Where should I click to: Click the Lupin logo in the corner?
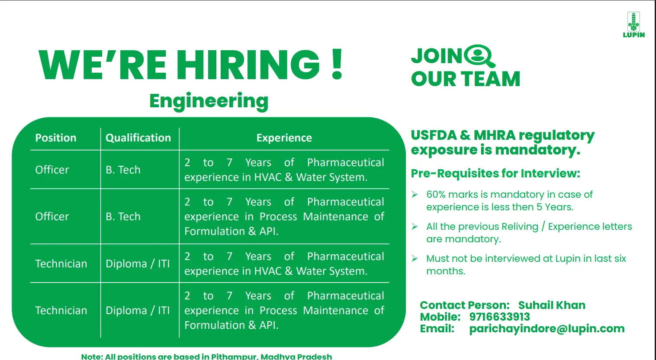point(633,25)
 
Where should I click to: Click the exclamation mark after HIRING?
point(337,64)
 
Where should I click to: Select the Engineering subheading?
point(209,101)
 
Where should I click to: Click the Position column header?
point(56,138)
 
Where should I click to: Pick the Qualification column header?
point(138,138)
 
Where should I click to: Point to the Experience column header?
point(284,138)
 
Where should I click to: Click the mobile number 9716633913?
point(500,317)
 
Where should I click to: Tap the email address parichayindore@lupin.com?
point(547,329)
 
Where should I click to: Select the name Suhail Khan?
point(552,305)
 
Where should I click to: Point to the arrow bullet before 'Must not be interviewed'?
point(415,258)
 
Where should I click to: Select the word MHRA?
point(494,135)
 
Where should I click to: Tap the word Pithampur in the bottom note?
point(234,357)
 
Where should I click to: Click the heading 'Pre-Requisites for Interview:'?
point(495,174)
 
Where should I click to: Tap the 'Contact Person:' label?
point(465,305)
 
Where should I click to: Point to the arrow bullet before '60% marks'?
point(415,194)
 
